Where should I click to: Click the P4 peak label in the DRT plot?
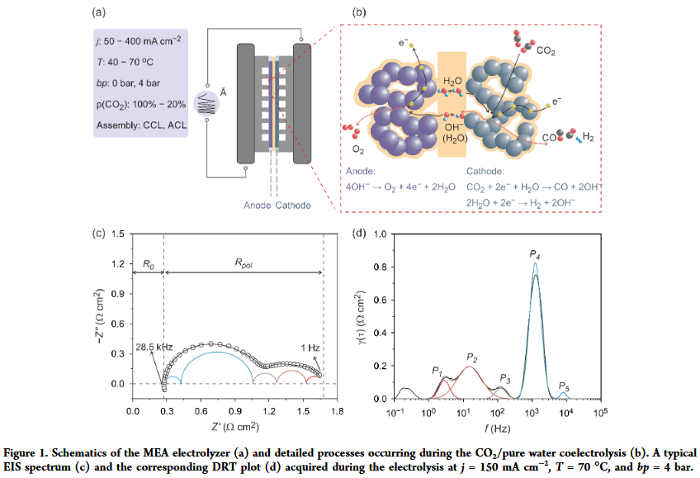(x=535, y=254)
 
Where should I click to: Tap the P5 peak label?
(x=565, y=387)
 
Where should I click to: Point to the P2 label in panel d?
(x=472, y=357)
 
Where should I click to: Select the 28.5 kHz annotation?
(x=154, y=347)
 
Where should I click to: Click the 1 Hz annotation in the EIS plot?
(x=310, y=348)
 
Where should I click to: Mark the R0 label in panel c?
(x=149, y=264)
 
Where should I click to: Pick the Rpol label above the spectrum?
(x=244, y=263)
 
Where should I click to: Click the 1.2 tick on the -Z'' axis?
(x=118, y=264)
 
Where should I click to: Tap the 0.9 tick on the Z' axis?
(x=235, y=410)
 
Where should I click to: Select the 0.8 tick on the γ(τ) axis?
(x=380, y=267)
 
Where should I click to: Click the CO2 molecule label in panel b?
(x=546, y=51)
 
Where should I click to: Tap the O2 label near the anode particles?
(x=358, y=149)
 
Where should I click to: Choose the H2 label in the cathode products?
(x=589, y=137)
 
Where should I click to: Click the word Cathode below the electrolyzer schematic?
(x=293, y=206)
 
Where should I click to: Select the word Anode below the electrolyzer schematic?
(x=258, y=206)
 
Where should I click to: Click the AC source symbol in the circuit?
(x=206, y=104)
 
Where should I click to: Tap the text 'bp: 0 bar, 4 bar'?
(x=128, y=83)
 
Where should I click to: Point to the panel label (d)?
(x=359, y=233)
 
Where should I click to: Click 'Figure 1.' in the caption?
(x=26, y=453)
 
